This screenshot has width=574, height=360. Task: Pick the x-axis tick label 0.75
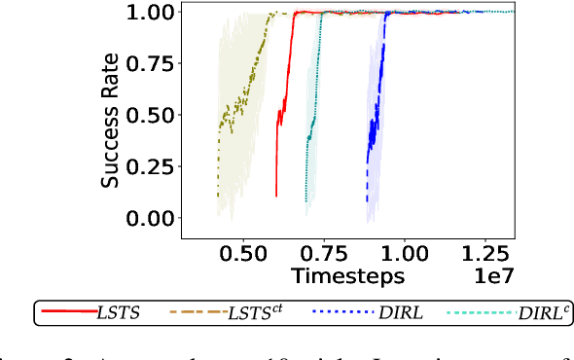point(317,252)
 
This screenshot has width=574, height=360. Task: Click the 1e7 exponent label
point(493,277)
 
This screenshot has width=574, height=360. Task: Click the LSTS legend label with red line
point(120,312)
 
